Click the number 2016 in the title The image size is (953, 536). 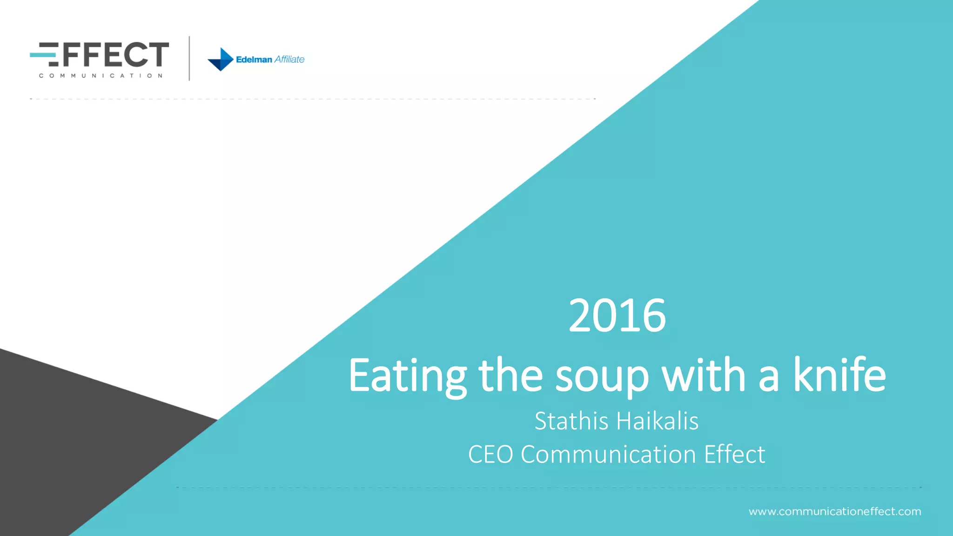tap(617, 316)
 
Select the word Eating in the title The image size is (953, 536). tap(407, 375)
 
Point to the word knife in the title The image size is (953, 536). tap(839, 375)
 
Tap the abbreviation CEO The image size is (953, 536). tap(490, 455)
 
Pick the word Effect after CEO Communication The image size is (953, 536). tap(734, 455)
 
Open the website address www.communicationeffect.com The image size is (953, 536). tap(835, 511)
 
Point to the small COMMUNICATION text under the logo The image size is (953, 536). tap(101, 75)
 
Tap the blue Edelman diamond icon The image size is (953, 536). tap(221, 59)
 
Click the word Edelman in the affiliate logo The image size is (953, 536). tap(254, 60)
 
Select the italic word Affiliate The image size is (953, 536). tap(289, 59)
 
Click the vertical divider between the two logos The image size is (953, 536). tap(189, 58)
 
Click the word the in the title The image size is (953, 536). tap(510, 375)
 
